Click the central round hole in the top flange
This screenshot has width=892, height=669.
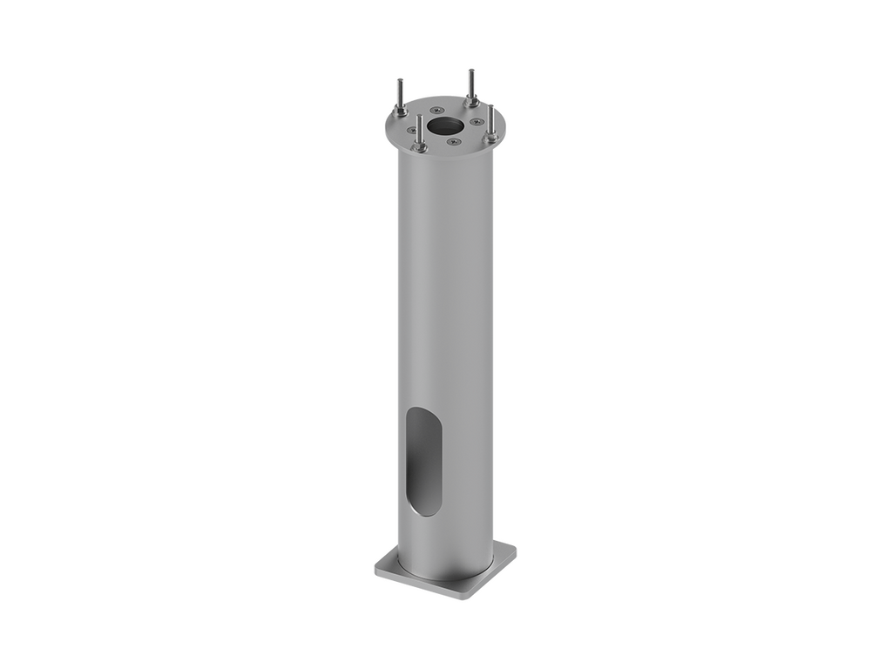tap(446, 125)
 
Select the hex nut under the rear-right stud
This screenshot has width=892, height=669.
tap(471, 103)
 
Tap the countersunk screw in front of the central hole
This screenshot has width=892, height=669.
tap(453, 142)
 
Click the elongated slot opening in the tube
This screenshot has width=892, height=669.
tap(424, 462)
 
